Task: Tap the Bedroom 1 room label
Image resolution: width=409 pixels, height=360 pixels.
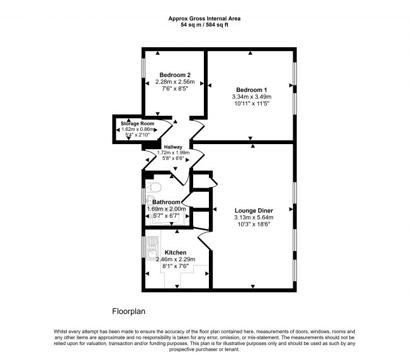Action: click(x=252, y=90)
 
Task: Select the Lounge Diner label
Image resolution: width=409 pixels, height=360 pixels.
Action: click(x=254, y=210)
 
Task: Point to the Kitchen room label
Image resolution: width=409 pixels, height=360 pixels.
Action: click(x=176, y=252)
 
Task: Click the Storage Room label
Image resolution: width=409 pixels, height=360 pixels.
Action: click(x=137, y=123)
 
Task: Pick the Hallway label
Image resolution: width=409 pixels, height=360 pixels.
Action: click(x=173, y=147)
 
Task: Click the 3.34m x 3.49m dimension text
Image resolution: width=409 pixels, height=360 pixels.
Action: click(x=252, y=97)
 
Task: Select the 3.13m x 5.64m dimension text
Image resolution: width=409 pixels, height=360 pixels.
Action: click(x=254, y=217)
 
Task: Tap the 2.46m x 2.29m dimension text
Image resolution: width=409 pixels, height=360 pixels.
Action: click(x=176, y=259)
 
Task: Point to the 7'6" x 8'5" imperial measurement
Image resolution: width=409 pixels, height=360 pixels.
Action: click(x=175, y=89)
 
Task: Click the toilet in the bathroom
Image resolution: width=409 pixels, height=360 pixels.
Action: click(x=154, y=188)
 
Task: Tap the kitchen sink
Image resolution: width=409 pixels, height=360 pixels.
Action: click(x=152, y=248)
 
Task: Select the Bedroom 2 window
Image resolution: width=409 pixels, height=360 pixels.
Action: click(x=143, y=68)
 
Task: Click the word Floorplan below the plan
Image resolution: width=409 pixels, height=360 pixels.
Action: click(x=128, y=312)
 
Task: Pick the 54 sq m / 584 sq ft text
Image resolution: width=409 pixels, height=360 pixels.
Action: click(x=204, y=25)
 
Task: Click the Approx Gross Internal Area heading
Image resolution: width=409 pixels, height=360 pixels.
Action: click(x=204, y=18)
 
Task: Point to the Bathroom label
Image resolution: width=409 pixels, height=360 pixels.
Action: click(x=166, y=202)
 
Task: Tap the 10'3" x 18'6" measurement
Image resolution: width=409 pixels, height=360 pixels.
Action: click(x=254, y=224)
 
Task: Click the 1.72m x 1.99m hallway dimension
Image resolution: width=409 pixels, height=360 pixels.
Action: click(x=173, y=152)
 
